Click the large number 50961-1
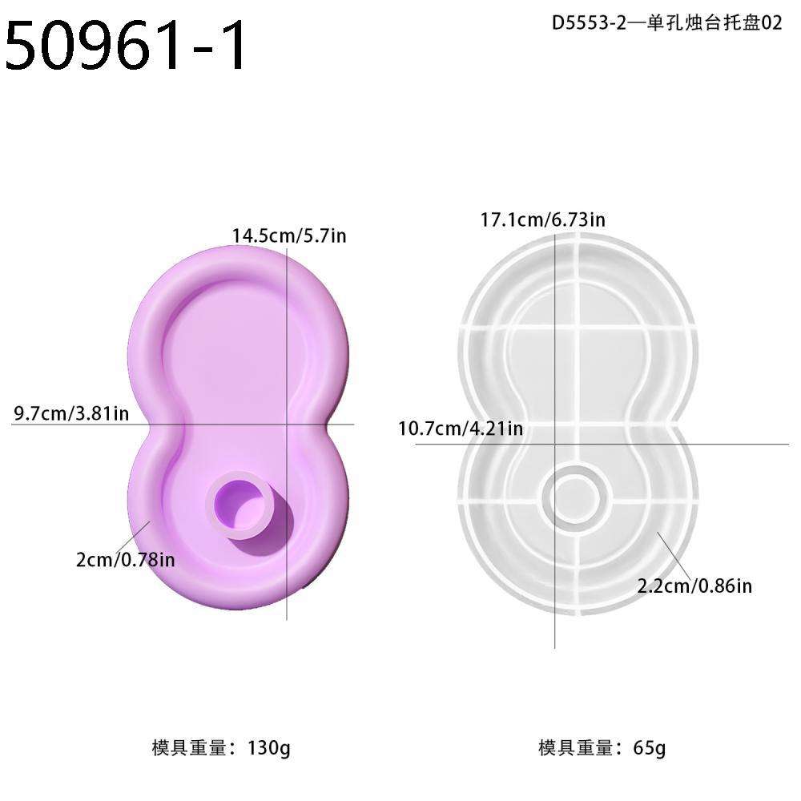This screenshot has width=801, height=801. (127, 47)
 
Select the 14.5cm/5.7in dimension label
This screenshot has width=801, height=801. (289, 236)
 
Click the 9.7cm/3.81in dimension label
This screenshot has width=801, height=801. (71, 414)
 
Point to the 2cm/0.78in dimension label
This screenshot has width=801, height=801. (123, 560)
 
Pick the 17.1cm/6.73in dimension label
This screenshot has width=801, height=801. (542, 219)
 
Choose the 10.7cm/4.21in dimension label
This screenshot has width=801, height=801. (461, 429)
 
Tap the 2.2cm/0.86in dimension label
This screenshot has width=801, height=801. (694, 586)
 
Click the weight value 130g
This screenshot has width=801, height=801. (268, 748)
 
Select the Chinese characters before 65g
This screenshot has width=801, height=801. (581, 748)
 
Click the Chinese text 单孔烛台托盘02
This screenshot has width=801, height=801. (707, 23)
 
